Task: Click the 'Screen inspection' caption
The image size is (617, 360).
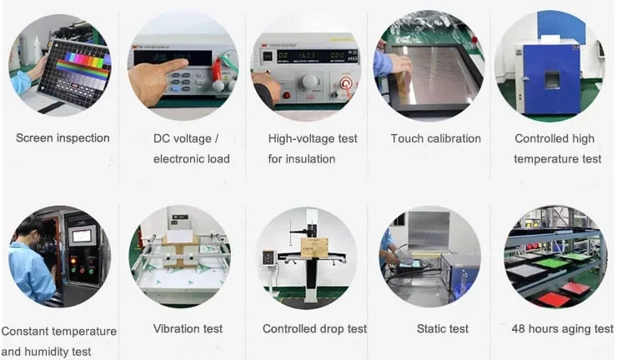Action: click(x=63, y=138)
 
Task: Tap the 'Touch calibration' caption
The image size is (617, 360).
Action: click(x=435, y=138)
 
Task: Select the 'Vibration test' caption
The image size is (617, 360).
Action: click(x=188, y=328)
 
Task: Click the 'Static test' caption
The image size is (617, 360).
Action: click(x=443, y=328)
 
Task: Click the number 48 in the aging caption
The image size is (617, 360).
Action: click(x=519, y=328)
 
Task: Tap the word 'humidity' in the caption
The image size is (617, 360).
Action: click(x=48, y=352)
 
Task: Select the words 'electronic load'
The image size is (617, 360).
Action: click(x=192, y=159)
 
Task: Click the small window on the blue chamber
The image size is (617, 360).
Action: click(x=552, y=79)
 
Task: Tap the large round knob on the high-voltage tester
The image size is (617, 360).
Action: click(x=310, y=82)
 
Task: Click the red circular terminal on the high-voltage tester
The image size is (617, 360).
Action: click(x=346, y=83)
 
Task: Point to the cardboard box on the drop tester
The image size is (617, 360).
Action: click(x=314, y=247)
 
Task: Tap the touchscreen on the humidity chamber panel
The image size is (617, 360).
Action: click(x=82, y=236)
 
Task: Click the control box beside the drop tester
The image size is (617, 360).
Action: click(x=268, y=259)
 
